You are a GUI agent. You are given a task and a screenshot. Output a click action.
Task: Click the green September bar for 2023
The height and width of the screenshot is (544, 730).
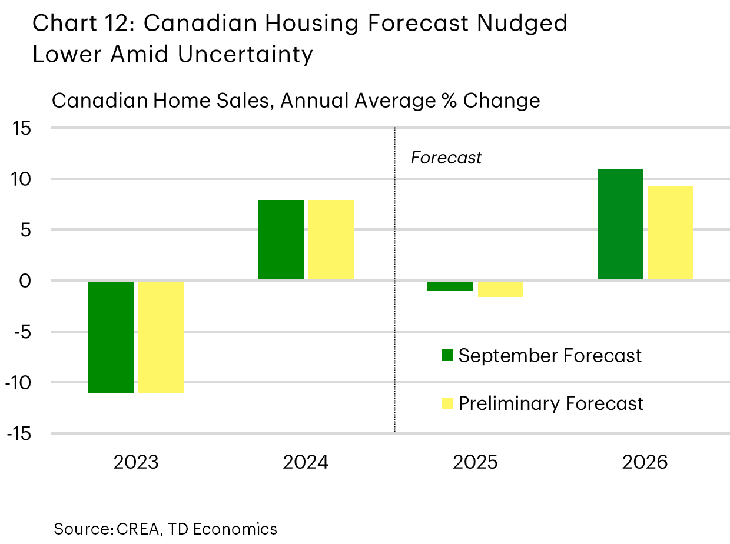111,337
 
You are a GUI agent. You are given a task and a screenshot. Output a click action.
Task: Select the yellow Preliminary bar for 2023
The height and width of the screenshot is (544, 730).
161,337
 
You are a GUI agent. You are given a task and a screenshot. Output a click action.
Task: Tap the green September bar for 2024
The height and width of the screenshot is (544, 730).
281,240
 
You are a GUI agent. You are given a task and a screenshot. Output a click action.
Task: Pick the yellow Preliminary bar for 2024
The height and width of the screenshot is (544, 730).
331,240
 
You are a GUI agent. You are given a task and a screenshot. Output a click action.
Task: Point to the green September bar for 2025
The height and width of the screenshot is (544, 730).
450,286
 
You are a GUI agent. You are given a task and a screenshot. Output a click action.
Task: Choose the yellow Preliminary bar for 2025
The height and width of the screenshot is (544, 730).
500,289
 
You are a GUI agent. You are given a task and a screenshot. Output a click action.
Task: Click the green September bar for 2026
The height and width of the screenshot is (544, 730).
620,225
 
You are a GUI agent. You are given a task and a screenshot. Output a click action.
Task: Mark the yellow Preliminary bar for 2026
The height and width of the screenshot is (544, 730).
670,233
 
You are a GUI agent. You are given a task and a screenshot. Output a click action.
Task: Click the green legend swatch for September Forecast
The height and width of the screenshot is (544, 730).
447,356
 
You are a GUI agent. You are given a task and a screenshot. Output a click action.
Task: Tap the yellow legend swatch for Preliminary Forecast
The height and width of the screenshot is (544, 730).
447,403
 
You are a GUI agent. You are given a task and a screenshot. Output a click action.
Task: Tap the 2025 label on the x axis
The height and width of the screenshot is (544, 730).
475,462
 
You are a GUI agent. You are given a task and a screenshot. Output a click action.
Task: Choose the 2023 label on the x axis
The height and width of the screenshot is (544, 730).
136,462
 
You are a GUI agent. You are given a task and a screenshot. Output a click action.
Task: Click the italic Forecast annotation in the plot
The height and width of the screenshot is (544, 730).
446,158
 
